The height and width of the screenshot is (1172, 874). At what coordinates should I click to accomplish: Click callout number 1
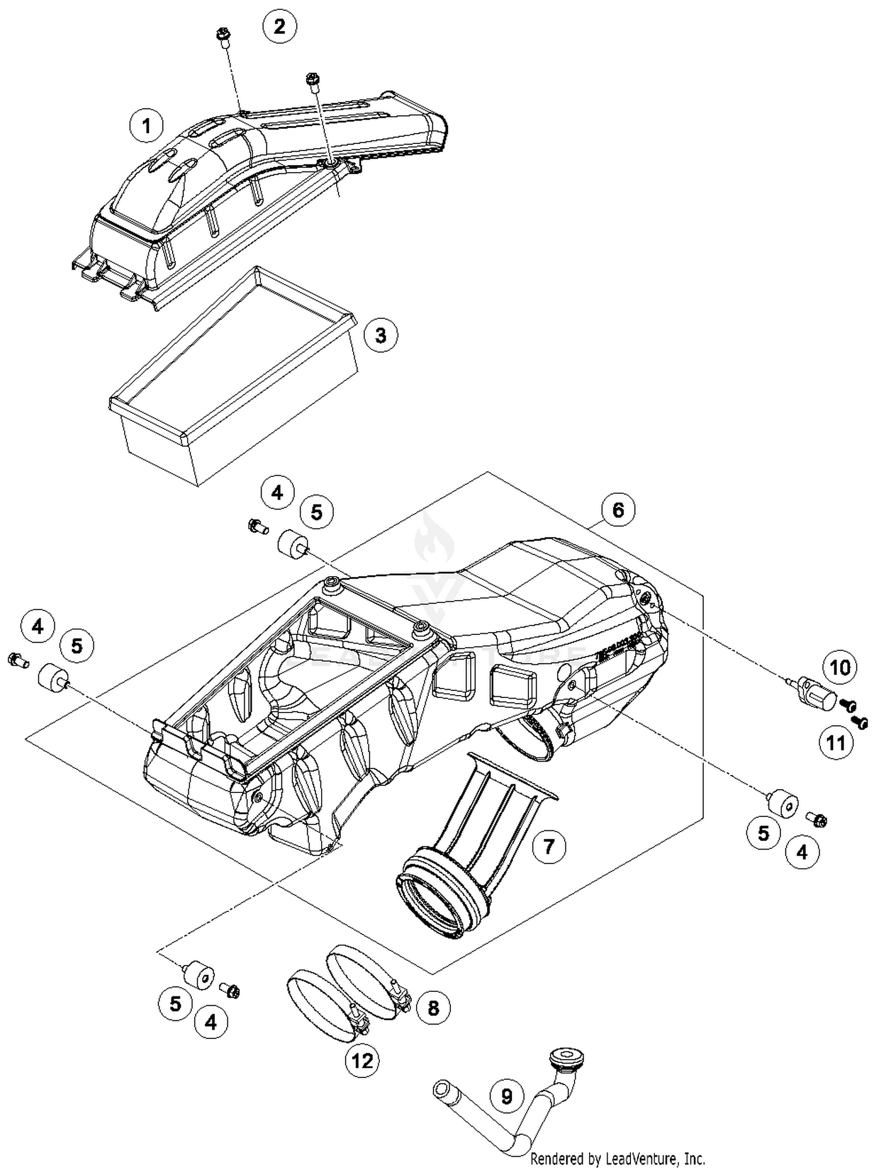[146, 125]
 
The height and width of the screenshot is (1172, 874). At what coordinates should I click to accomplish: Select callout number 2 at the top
[279, 26]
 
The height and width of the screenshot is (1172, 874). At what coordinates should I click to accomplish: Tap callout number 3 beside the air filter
[380, 335]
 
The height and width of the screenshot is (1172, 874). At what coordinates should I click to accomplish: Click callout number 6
[618, 510]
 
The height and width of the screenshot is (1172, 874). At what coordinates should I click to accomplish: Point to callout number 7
[548, 845]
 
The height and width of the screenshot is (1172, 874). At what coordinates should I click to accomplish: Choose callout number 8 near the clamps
[433, 1008]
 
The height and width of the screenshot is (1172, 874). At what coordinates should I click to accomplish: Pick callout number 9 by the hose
[506, 1096]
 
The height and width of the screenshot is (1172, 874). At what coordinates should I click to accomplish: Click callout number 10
[840, 667]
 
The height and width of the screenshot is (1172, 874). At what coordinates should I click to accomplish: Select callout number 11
[836, 743]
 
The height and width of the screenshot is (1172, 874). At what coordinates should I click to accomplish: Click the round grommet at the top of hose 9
[567, 1056]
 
